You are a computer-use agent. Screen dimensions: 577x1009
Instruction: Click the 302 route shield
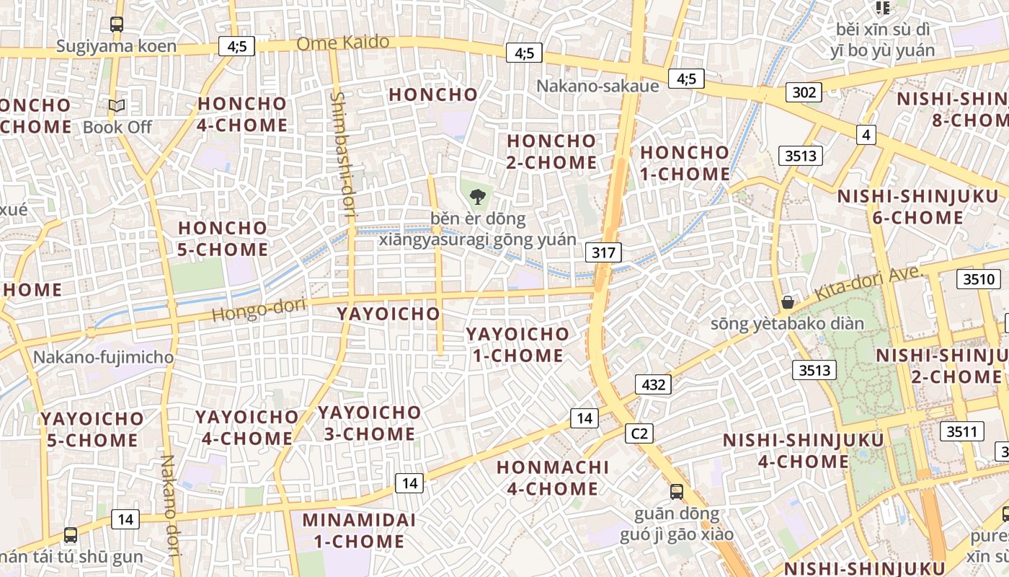(804, 92)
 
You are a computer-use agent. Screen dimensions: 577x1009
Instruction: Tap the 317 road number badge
(603, 252)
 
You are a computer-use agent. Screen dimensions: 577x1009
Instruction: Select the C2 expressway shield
(639, 433)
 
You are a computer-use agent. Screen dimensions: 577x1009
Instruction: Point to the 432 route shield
(653, 384)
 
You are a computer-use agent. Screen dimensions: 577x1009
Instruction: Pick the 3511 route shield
(961, 432)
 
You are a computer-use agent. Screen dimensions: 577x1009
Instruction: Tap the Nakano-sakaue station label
(597, 87)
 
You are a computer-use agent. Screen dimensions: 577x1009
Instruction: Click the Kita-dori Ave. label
(868, 283)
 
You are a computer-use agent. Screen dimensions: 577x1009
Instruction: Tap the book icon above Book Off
(117, 106)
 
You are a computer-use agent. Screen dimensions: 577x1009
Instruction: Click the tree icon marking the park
(476, 195)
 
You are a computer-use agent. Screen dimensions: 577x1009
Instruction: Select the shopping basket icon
(788, 302)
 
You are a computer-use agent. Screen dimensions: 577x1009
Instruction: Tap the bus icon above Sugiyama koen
(117, 25)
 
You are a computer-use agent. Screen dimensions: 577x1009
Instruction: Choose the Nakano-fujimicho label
(103, 357)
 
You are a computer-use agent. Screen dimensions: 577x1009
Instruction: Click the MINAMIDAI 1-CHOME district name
(358, 530)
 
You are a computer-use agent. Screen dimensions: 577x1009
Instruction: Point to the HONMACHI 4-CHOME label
(553, 477)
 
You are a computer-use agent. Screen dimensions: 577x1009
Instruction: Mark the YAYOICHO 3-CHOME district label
(369, 423)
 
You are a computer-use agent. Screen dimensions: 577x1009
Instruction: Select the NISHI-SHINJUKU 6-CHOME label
(917, 206)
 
